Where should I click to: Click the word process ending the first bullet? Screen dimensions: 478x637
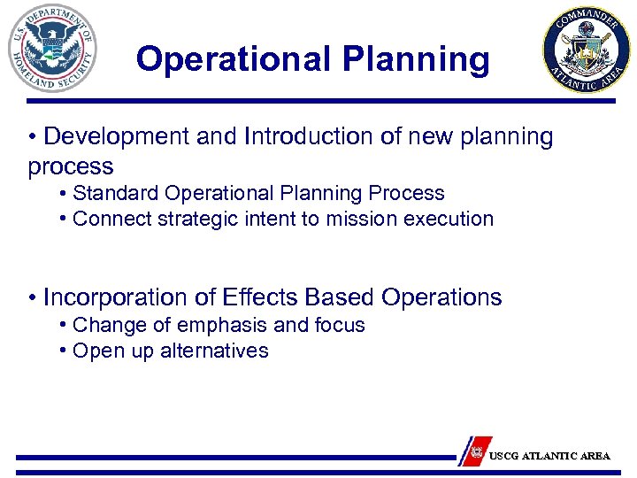pyautogui.click(x=71, y=166)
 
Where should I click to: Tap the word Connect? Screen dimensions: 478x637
pyautogui.click(x=110, y=219)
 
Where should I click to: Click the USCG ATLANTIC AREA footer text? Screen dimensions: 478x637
pyautogui.click(x=549, y=456)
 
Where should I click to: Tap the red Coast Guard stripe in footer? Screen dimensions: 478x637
pyautogui.click(x=476, y=451)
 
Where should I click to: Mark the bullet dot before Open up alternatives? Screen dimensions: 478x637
pyautogui.click(x=65, y=351)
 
